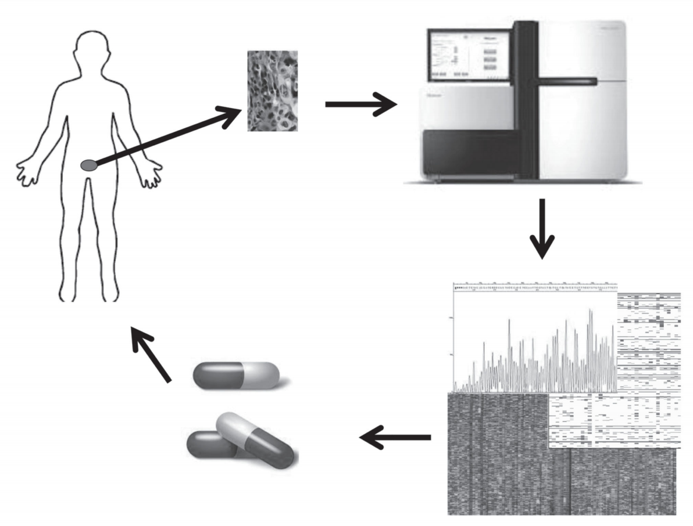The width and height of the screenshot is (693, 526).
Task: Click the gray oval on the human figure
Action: click(x=88, y=166)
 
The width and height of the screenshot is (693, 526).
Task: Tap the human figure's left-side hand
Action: click(x=27, y=172)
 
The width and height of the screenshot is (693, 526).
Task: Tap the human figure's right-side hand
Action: click(x=152, y=174)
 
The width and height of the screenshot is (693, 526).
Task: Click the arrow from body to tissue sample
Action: click(x=169, y=136)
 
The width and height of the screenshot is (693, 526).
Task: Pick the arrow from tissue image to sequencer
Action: click(x=360, y=105)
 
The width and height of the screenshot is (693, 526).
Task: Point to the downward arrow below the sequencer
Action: click(x=542, y=229)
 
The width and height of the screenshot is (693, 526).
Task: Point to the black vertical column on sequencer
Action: click(x=527, y=99)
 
